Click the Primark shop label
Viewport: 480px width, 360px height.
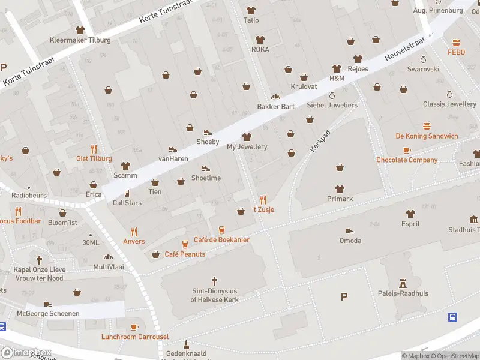click(x=340, y=199)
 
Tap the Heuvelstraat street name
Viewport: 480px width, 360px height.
click(x=404, y=48)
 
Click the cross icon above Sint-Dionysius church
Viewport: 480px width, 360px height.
click(x=215, y=280)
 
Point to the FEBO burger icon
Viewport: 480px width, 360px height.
click(x=456, y=43)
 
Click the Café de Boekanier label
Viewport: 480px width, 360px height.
click(x=221, y=239)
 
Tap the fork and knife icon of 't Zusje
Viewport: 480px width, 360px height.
click(x=263, y=200)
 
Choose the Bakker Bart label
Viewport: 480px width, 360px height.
click(x=275, y=106)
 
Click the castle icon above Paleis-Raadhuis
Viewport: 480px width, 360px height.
click(x=411, y=283)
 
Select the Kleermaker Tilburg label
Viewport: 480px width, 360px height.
click(x=80, y=40)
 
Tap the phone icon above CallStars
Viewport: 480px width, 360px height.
click(x=127, y=193)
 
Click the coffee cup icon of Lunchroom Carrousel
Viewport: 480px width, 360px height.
click(x=134, y=327)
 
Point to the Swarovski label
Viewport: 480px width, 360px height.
click(x=423, y=69)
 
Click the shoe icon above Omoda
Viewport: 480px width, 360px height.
click(x=350, y=230)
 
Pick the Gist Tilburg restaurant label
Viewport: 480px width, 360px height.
click(x=94, y=158)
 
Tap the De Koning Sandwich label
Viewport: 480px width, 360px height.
click(x=427, y=136)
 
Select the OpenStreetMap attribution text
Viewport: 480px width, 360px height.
click(x=449, y=356)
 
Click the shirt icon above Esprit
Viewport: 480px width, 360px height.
click(x=410, y=214)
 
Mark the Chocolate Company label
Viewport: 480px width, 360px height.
click(x=407, y=160)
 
